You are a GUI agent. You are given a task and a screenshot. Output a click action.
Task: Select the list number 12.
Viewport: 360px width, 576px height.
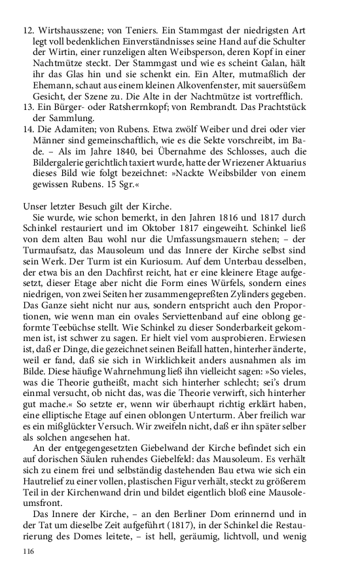point(29,30)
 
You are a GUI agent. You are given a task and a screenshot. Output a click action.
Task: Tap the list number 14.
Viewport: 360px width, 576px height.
point(29,131)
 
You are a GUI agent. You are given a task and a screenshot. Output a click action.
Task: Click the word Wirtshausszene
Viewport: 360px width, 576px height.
point(70,30)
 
